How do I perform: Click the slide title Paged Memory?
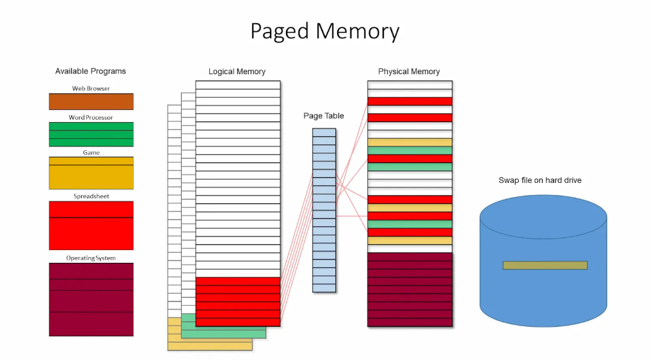(x=324, y=31)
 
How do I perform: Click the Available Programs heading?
(x=90, y=71)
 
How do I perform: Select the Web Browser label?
(x=91, y=88)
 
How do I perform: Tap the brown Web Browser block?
(x=91, y=101)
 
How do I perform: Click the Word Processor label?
(x=91, y=118)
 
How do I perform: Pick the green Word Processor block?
(x=91, y=134)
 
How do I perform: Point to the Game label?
(x=91, y=153)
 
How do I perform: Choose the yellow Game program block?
(x=91, y=173)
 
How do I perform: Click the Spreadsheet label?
(x=91, y=196)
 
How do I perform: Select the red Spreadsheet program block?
(x=91, y=225)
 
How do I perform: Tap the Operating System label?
(x=91, y=258)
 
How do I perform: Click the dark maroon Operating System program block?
(x=91, y=299)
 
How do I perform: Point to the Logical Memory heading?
(x=237, y=72)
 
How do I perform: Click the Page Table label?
(x=324, y=116)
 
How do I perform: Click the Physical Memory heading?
(x=409, y=72)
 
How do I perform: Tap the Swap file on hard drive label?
(x=540, y=180)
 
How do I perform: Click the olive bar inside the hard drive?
(x=544, y=265)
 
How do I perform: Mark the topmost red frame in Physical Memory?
(x=409, y=101)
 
